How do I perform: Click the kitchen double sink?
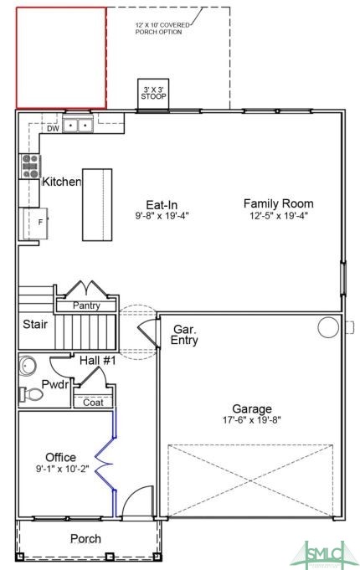point(78,125)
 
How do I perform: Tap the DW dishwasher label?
point(53,128)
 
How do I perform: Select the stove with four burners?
point(30,166)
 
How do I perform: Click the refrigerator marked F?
point(36,223)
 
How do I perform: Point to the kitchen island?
point(97,204)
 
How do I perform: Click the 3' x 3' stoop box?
point(153,94)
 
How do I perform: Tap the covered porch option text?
point(162,28)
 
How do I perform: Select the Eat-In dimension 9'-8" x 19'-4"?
point(162,216)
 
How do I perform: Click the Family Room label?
point(279,203)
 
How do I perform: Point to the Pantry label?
point(86,306)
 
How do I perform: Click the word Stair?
point(35,324)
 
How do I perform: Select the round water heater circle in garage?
point(328,327)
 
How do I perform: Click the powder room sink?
point(28,366)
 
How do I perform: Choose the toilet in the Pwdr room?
point(31,394)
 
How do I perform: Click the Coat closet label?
point(93,403)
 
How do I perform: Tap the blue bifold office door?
point(105,464)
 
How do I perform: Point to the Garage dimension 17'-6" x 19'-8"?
point(252,420)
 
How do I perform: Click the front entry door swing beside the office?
point(136,501)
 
